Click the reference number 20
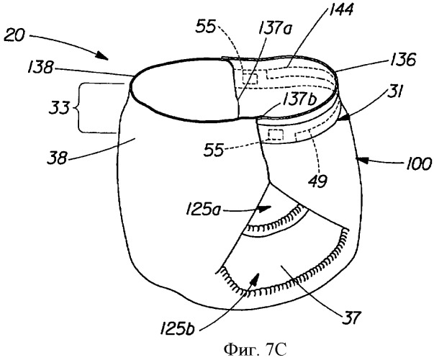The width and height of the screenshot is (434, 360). point(14,36)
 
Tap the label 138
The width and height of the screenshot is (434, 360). point(40,67)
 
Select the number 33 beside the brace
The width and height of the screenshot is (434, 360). point(59,108)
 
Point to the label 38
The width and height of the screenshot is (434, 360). point(58,158)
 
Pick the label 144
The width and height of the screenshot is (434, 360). point(341,9)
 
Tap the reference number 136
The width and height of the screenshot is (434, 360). point(402,59)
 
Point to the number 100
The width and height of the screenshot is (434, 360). point(418,163)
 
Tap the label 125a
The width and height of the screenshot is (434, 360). point(204,210)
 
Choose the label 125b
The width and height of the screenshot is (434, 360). point(177,329)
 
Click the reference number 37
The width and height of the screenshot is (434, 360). point(351,318)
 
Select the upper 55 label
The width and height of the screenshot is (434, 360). point(206,27)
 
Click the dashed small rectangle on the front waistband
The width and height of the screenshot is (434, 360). point(276,135)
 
